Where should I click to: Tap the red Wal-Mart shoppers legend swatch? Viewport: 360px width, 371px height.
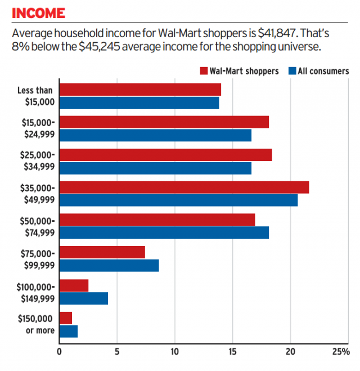[x=204, y=71]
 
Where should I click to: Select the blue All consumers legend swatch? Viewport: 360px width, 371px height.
[x=292, y=71]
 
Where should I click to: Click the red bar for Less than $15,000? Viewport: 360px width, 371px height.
[x=140, y=90]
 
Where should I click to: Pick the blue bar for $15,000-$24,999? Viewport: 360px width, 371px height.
[x=155, y=136]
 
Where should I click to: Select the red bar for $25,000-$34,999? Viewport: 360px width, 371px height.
[x=165, y=155]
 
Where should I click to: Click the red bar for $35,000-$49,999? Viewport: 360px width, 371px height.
[x=184, y=187]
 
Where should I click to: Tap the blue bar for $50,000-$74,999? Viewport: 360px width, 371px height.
[x=164, y=233]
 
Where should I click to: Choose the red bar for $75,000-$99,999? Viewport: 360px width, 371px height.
[x=102, y=252]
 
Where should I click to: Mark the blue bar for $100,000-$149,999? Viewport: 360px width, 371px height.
[x=83, y=298]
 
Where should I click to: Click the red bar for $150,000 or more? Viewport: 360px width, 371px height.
[x=66, y=318]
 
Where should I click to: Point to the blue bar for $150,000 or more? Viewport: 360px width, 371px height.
[x=68, y=331]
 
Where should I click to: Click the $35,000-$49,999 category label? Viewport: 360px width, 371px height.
[x=38, y=193]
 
